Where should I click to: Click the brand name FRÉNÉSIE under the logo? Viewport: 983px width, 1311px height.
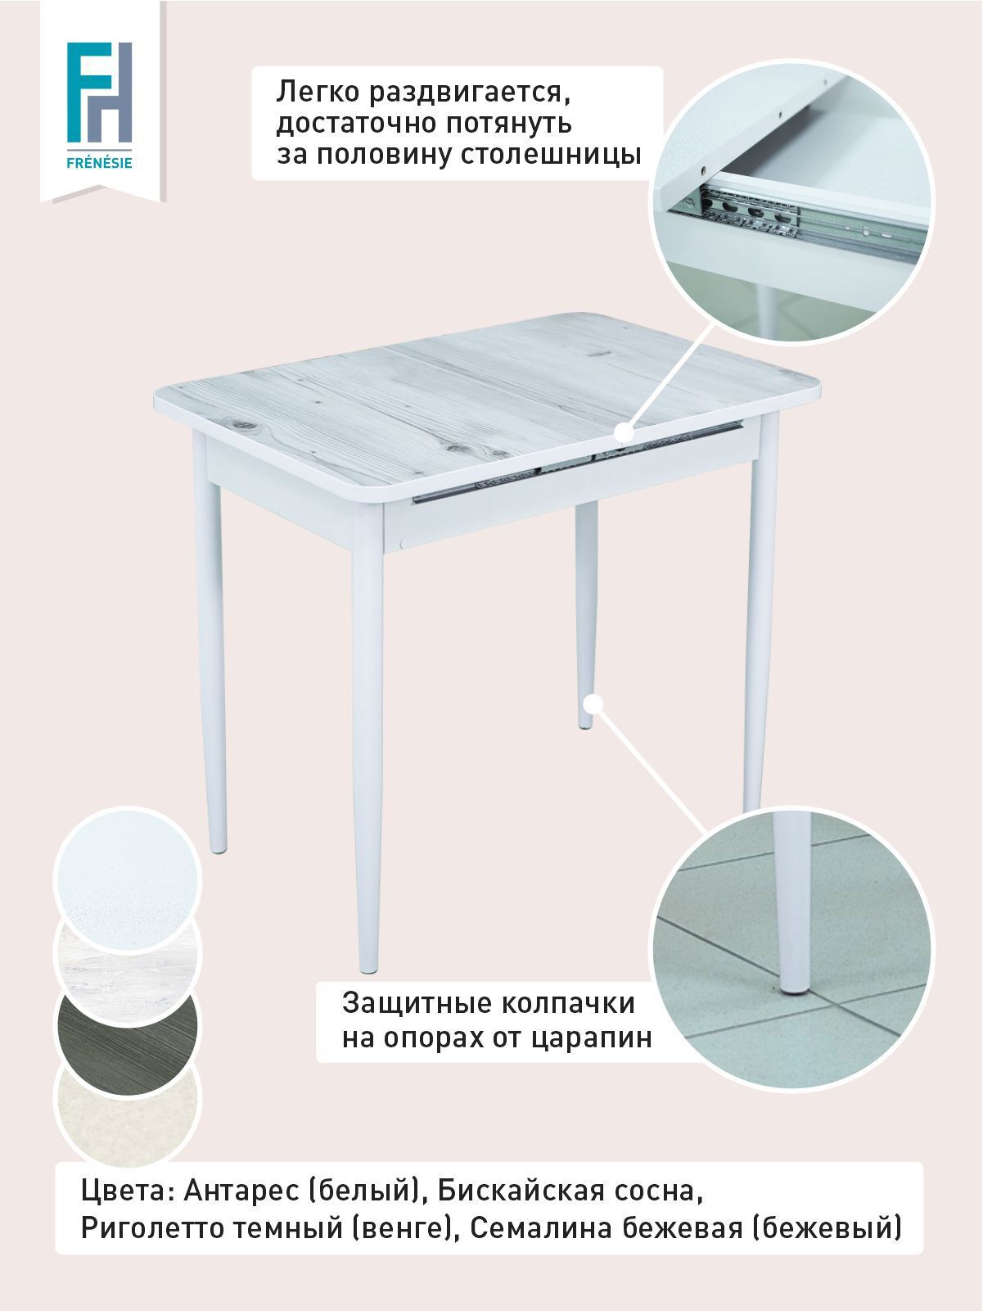[x=99, y=163]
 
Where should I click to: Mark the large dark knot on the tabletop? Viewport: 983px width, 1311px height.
[x=245, y=425]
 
